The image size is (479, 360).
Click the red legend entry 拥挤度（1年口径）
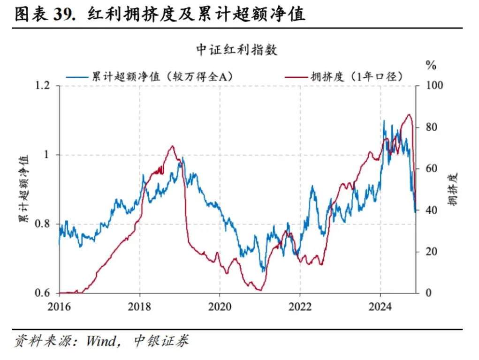[357, 76]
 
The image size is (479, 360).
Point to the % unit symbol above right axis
[430, 65]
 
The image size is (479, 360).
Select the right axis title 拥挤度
[452, 189]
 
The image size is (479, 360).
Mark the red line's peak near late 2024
[409, 115]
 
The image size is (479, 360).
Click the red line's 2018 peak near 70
[172, 146]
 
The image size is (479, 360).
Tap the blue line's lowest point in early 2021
[263, 271]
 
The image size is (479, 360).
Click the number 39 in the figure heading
[62, 15]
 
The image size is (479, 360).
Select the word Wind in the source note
[100, 341]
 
